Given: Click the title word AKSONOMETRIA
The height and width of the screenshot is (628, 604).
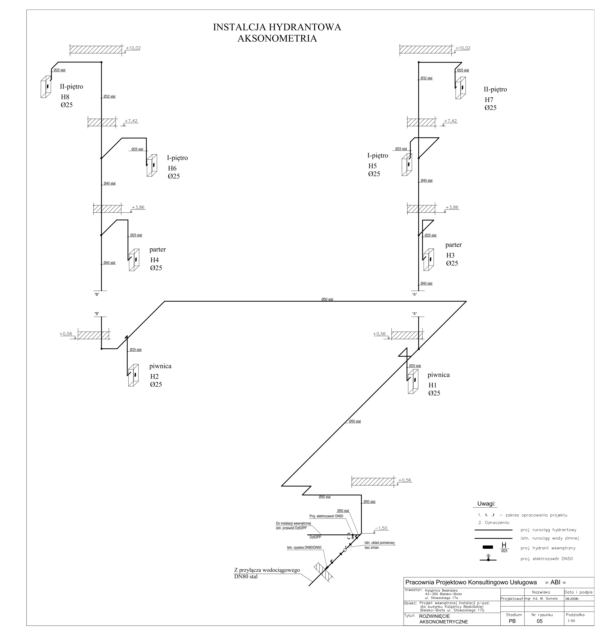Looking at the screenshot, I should point(277,38).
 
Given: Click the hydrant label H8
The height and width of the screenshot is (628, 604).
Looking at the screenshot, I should point(65,97).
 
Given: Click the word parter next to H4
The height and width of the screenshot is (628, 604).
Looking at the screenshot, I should point(157,249).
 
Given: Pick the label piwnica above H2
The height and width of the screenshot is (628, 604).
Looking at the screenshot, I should point(160,366).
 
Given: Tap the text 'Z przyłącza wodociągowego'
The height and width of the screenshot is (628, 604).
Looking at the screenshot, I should point(267,570).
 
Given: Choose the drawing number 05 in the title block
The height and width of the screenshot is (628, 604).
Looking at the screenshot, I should point(540,621).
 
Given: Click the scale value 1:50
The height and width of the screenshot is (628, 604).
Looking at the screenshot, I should point(571,621).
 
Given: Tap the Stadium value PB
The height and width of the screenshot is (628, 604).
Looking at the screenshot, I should point(512,621).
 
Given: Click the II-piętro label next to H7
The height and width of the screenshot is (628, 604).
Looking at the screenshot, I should point(495,89).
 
